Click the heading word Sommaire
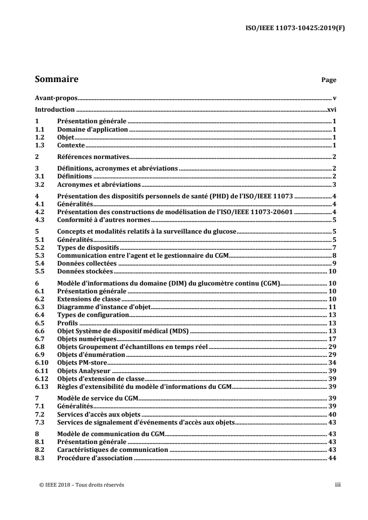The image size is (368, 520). pyautogui.click(x=56, y=79)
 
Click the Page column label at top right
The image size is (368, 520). pyautogui.click(x=329, y=80)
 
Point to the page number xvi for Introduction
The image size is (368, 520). pyautogui.click(x=331, y=110)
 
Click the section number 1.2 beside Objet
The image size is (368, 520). pyautogui.click(x=40, y=138)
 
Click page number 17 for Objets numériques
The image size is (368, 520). pyautogui.click(x=332, y=338)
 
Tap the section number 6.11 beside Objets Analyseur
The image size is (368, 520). pyautogui.click(x=42, y=370)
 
